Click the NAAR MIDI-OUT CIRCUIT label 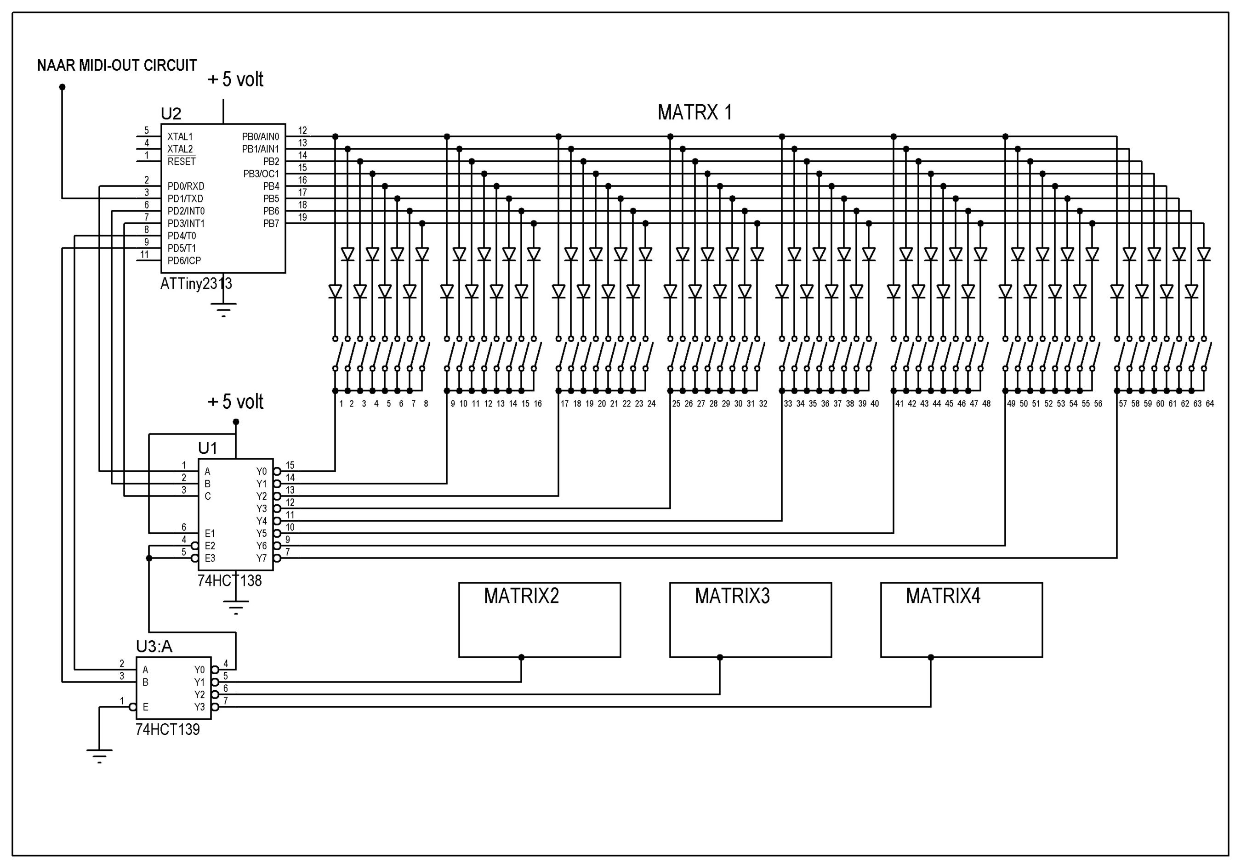(x=117, y=65)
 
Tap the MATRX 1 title (x=695, y=113)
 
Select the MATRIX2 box (x=540, y=620)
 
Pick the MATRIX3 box (x=750, y=620)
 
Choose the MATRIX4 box (x=961, y=620)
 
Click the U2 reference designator (x=171, y=113)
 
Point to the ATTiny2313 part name (x=196, y=283)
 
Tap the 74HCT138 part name (x=229, y=581)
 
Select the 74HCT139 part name (x=168, y=729)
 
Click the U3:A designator (x=154, y=646)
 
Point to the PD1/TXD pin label (x=185, y=199)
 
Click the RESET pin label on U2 (x=182, y=162)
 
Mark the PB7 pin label (x=271, y=224)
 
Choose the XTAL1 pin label (x=180, y=137)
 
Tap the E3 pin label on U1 (x=210, y=558)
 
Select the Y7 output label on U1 (x=262, y=558)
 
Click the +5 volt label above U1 (x=236, y=402)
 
